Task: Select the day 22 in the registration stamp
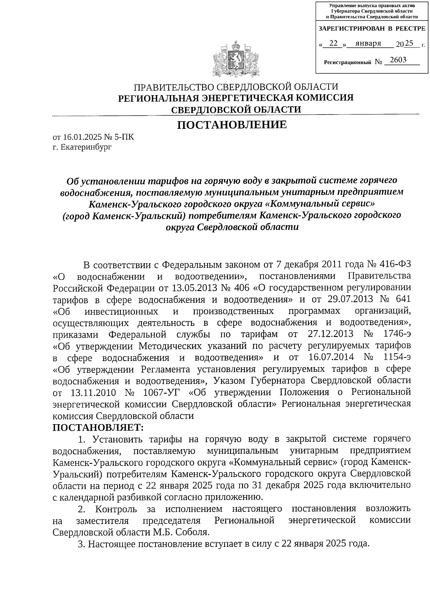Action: [333, 43]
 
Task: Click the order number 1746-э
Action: [396, 334]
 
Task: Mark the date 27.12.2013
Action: [330, 334]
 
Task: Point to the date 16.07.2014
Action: [330, 357]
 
